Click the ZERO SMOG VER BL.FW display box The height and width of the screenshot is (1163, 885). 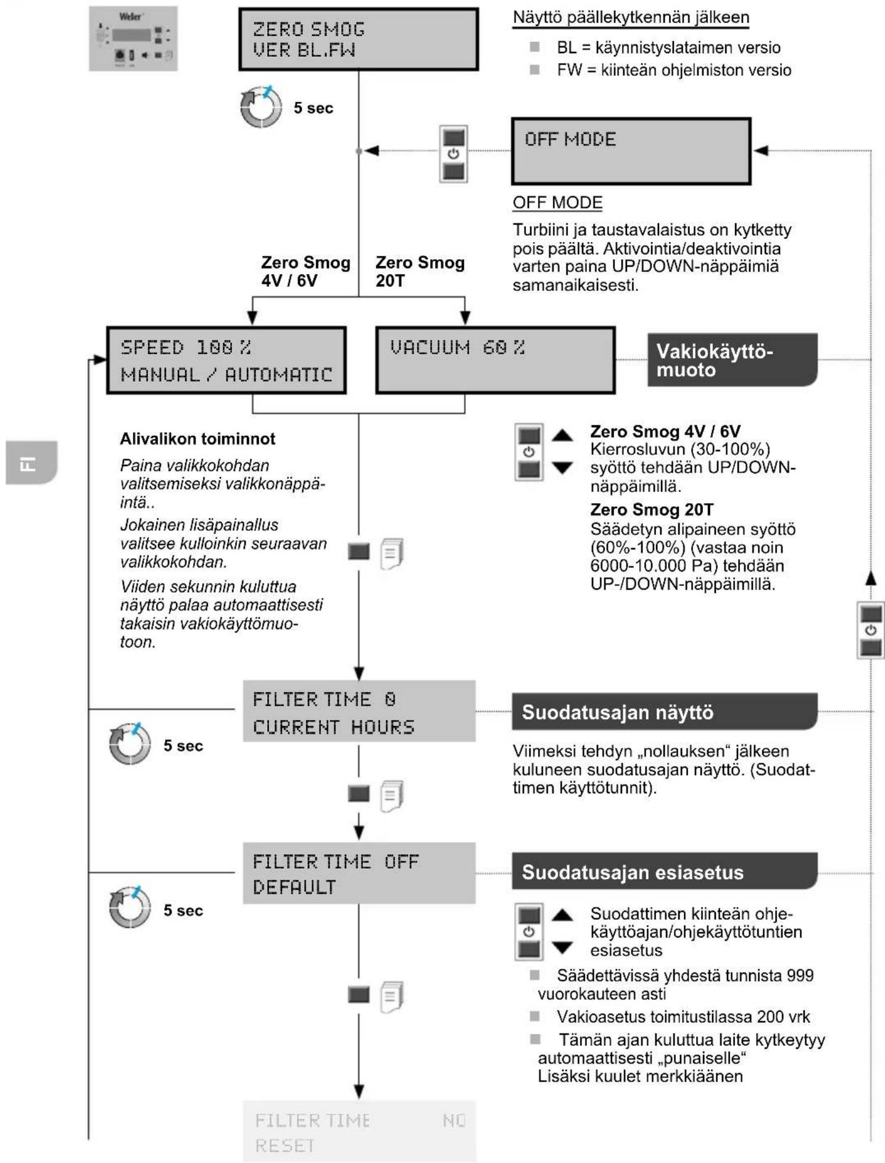tap(359, 39)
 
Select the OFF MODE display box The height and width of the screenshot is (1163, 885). tap(631, 151)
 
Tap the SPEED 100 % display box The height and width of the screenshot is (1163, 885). tap(226, 361)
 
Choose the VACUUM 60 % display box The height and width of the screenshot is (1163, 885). tap(496, 361)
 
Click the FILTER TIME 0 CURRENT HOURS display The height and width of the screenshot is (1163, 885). tap(359, 711)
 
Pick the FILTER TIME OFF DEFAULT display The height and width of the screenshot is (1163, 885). tap(359, 873)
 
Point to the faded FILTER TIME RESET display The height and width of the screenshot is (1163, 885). tap(359, 1132)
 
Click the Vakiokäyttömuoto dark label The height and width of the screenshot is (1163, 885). tap(733, 360)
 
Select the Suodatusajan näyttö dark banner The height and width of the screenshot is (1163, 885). tap(665, 711)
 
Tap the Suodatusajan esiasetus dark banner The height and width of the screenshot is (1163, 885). tap(665, 871)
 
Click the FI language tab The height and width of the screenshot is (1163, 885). tap(31, 462)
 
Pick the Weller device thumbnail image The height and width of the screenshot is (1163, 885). tap(133, 38)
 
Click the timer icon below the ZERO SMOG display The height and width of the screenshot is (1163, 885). tap(261, 106)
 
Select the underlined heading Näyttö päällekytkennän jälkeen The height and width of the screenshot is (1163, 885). tap(631, 17)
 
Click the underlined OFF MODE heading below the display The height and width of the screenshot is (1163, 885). tap(558, 202)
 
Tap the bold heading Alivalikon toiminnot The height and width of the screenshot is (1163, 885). tap(197, 439)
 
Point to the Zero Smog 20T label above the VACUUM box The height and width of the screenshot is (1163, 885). tap(420, 272)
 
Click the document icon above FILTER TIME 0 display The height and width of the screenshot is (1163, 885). tap(391, 554)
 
